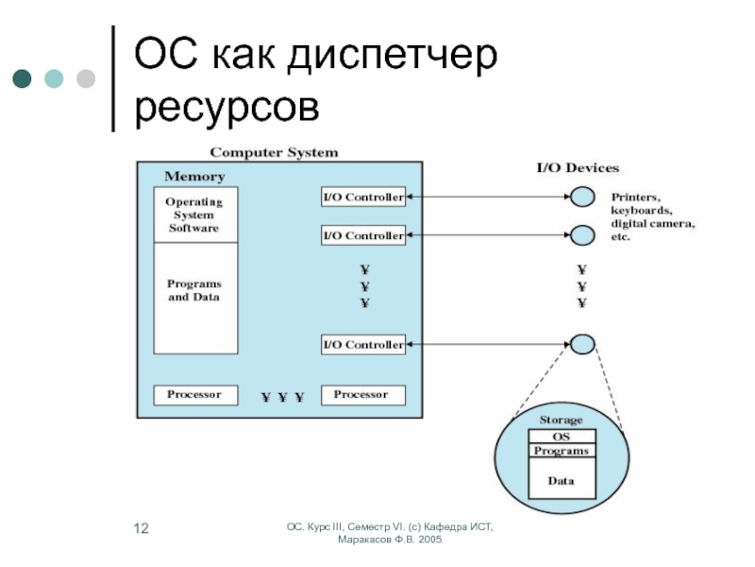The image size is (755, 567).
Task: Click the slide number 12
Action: (141, 527)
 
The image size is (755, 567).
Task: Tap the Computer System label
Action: (274, 152)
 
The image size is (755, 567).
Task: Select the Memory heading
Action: (194, 177)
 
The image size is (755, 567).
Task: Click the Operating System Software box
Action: (193, 215)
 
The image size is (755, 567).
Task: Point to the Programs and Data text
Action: (193, 291)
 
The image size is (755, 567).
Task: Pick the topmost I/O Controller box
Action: (363, 198)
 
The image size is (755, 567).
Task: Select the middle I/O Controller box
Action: (363, 235)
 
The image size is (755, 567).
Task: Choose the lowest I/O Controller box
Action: (363, 344)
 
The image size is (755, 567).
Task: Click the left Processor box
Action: (193, 394)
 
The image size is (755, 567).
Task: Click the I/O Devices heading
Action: (578, 168)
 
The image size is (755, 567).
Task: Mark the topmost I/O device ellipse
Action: (582, 198)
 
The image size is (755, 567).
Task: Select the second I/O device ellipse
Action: (582, 234)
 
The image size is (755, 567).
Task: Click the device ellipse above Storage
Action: (582, 344)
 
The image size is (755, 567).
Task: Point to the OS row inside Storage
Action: (562, 438)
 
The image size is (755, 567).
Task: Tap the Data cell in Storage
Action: (562, 480)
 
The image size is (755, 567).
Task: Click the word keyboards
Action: (641, 211)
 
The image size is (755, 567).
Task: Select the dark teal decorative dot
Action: (21, 78)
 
